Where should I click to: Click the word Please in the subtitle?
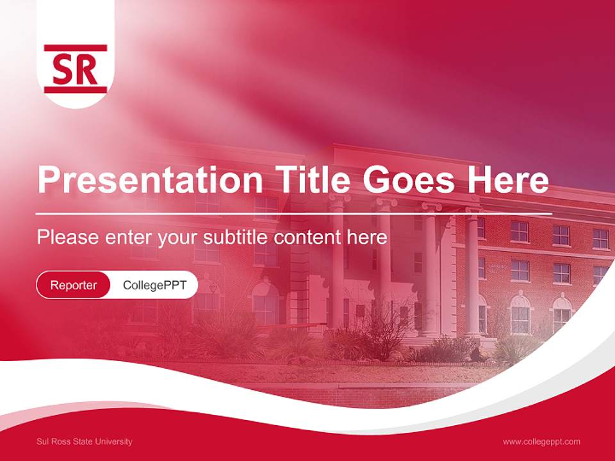pos(68,238)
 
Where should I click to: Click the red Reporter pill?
pos(74,285)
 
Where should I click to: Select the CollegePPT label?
pos(154,285)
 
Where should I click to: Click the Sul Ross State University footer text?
pos(85,442)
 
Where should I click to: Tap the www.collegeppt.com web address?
pos(541,442)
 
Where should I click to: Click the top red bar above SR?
pos(76,47)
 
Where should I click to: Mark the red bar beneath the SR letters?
pos(76,90)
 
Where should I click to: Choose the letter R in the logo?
pos(88,69)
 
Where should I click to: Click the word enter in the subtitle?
pos(128,238)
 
